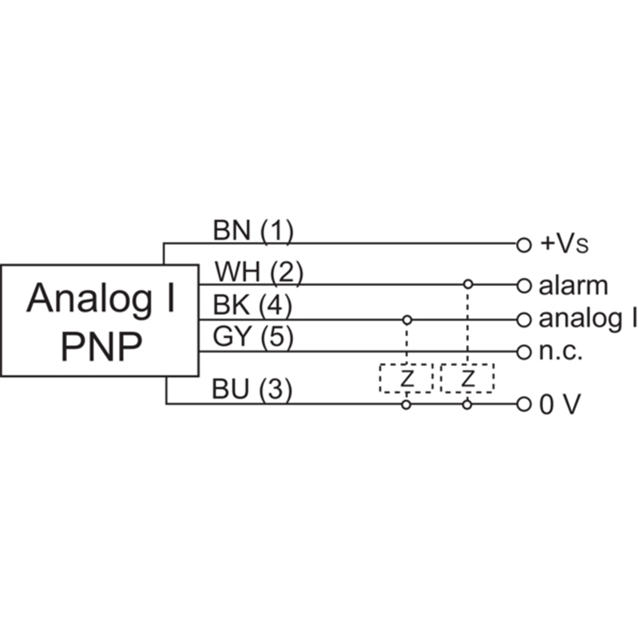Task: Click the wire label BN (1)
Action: pyautogui.click(x=253, y=231)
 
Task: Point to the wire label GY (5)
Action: pyautogui.click(x=253, y=338)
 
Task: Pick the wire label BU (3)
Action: pyautogui.click(x=252, y=390)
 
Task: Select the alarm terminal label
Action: pyautogui.click(x=573, y=285)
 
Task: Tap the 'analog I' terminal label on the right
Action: pyautogui.click(x=587, y=319)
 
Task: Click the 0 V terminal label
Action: pyautogui.click(x=559, y=405)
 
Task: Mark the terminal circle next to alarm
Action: pyautogui.click(x=523, y=284)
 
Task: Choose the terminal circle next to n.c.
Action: pyautogui.click(x=523, y=351)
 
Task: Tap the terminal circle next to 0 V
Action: pyautogui.click(x=523, y=404)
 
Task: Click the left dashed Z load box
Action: pyautogui.click(x=407, y=379)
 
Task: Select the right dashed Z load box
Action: pyautogui.click(x=467, y=379)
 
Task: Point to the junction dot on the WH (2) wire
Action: pyautogui.click(x=468, y=284)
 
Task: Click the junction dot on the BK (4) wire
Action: pyautogui.click(x=407, y=319)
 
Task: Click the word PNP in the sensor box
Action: pyautogui.click(x=101, y=346)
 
